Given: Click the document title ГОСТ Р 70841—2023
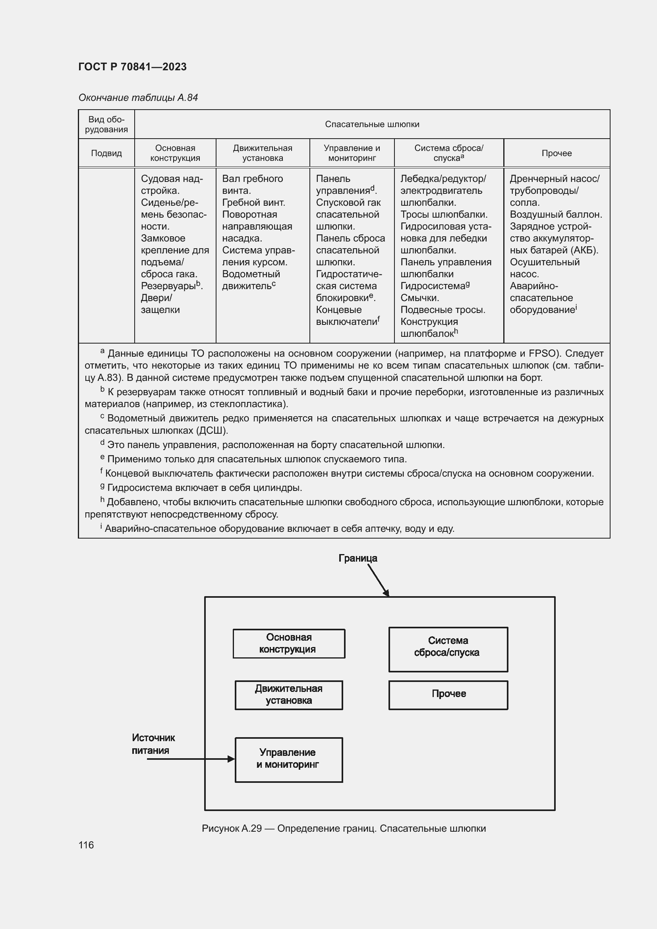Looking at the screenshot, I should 132,67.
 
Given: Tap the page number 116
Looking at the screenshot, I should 86,845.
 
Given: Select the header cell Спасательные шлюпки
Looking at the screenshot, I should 372,124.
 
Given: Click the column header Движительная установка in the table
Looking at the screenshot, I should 263,153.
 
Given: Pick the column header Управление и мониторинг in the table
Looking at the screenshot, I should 352,153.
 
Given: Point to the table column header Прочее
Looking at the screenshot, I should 556,153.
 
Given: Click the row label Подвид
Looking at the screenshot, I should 106,153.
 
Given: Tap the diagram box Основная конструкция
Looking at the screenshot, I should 289,643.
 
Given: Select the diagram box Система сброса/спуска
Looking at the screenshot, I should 448,649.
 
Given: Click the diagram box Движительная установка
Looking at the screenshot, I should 289,695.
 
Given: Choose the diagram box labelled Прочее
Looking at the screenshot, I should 448,695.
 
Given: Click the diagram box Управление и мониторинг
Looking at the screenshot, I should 289,759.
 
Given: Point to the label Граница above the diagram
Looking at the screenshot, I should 357,558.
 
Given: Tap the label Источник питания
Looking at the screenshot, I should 153,744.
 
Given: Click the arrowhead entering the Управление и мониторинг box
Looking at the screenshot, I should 232,759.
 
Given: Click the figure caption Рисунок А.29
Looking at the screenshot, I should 344,828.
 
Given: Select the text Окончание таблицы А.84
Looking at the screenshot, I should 138,98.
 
